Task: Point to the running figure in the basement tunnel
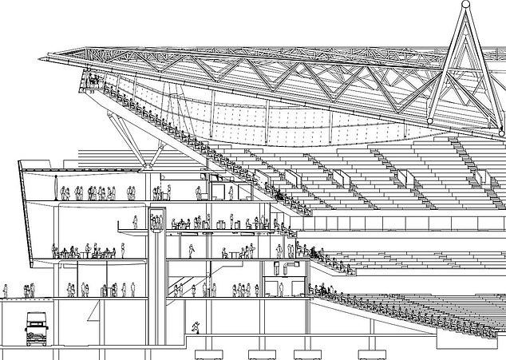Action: tap(196, 326)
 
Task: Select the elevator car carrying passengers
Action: tap(156, 223)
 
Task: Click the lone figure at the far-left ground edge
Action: tap(5, 291)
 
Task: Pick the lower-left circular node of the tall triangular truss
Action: tap(431, 121)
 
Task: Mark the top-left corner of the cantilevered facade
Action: tap(20, 162)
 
